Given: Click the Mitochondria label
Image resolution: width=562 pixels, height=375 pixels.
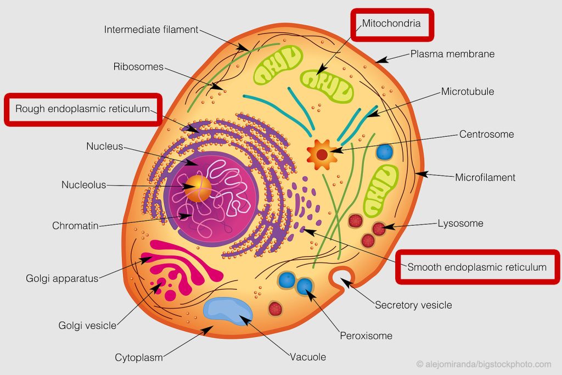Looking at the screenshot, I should click(391, 24).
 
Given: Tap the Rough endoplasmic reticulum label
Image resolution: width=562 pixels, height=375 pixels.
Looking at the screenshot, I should click(82, 109).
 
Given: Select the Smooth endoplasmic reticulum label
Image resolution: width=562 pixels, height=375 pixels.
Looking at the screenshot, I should click(476, 267).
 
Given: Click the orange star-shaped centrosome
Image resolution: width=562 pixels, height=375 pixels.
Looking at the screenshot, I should click(321, 154).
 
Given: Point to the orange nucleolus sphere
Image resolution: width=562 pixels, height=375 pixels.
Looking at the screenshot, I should click(198, 188).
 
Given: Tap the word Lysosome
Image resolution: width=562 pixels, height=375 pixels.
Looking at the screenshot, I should click(460, 223).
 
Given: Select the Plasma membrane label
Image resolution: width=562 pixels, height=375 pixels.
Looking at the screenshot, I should click(452, 54).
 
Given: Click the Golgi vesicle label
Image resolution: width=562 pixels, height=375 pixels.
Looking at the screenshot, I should click(87, 326).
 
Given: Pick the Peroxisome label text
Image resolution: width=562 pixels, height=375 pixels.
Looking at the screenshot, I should click(366, 335).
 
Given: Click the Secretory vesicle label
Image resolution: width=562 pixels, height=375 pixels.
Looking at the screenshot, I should click(413, 305).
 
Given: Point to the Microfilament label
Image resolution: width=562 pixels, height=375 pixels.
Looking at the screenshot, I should click(485, 177).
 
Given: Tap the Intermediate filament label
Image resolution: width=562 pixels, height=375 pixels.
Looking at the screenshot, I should click(151, 30).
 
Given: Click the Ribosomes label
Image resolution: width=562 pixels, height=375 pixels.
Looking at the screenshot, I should click(138, 67).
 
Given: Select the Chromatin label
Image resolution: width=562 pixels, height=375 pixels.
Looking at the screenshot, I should click(75, 226).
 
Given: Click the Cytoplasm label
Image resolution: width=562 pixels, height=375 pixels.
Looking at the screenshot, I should click(138, 357).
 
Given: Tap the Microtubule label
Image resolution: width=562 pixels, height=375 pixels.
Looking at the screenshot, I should click(467, 92).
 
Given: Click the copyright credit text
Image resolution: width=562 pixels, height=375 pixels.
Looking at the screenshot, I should click(483, 364).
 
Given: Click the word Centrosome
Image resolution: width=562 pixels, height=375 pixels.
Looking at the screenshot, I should click(486, 134).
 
